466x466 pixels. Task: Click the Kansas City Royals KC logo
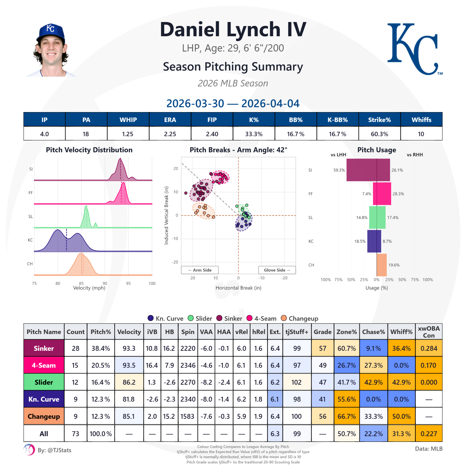click(414, 49)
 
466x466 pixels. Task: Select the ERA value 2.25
click(170, 134)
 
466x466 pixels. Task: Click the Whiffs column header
click(421, 120)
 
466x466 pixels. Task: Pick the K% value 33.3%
click(254, 134)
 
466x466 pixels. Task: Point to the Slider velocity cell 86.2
click(129, 382)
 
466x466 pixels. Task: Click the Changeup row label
click(44, 416)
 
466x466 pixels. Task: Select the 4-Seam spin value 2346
click(188, 365)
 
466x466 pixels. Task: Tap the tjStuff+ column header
click(297, 332)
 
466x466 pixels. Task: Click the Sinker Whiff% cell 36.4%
click(401, 348)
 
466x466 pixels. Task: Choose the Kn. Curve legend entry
click(165, 318)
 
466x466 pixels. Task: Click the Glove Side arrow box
click(277, 270)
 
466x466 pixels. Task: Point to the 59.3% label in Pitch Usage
click(339, 170)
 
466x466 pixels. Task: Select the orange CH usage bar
click(382, 265)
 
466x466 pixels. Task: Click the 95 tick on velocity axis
click(128, 283)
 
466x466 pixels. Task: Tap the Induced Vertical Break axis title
click(166, 215)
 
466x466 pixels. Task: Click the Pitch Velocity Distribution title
click(89, 150)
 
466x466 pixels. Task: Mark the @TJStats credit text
click(55, 450)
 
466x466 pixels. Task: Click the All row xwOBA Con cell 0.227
click(428, 434)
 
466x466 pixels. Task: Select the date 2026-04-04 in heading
click(270, 104)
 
